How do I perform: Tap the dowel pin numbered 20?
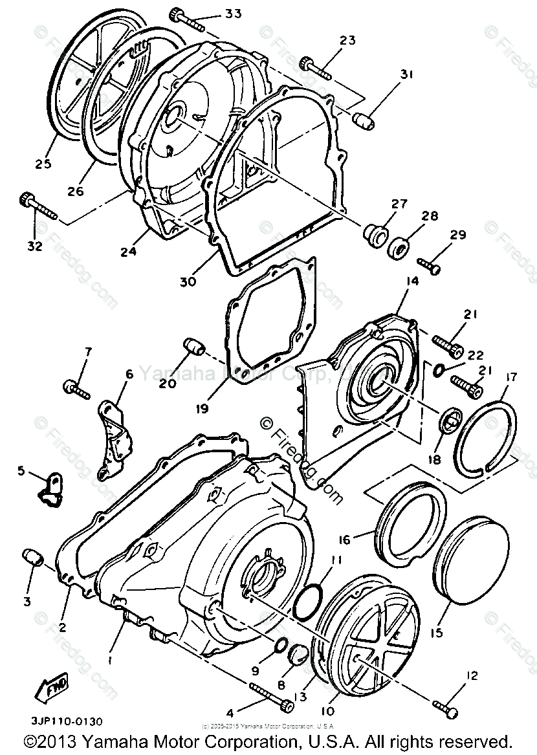coord(193,346)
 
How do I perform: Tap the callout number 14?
coord(413,281)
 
